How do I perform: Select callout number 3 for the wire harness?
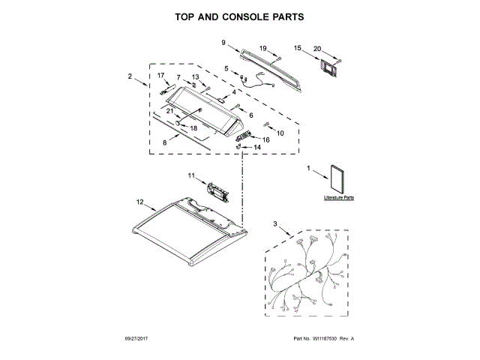click(275, 225)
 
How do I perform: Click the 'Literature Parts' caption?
click(339, 197)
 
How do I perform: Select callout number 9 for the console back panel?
click(224, 42)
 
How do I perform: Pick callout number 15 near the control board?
click(297, 48)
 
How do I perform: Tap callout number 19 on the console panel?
click(263, 49)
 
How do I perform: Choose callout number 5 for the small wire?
click(226, 69)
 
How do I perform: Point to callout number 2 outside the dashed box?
click(130, 76)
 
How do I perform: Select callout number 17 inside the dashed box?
click(160, 76)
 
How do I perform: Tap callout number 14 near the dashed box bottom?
click(257, 148)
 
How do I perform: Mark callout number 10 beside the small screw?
click(280, 133)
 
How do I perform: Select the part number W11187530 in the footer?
click(325, 340)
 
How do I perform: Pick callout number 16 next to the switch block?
click(265, 139)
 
